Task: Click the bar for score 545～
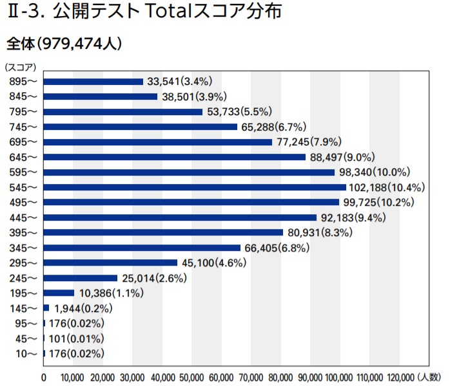195,187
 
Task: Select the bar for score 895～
93,82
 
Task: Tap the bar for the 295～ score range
110,262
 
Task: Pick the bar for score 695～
158,142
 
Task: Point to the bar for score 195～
59,293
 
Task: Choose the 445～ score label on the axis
24,217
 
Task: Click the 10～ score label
26,354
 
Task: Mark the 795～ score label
24,112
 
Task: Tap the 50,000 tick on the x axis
191,377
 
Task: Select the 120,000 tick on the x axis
399,377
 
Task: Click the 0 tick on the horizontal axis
44,377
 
